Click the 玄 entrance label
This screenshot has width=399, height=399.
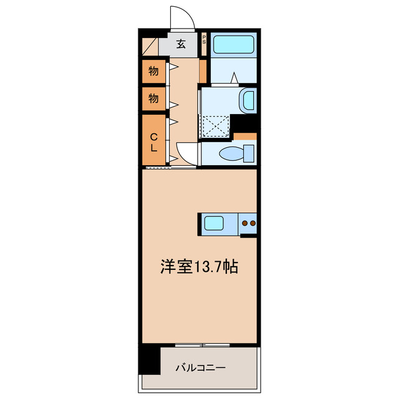181,44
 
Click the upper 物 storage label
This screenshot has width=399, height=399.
153,71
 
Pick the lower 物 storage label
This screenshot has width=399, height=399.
153,98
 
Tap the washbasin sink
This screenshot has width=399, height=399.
248,100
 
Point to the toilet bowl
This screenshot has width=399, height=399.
230,153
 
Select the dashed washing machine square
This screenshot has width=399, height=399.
215,125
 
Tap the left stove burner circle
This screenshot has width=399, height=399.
244,223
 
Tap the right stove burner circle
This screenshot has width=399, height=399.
253,223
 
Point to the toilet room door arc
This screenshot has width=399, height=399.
186,152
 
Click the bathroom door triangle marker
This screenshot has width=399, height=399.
234,78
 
